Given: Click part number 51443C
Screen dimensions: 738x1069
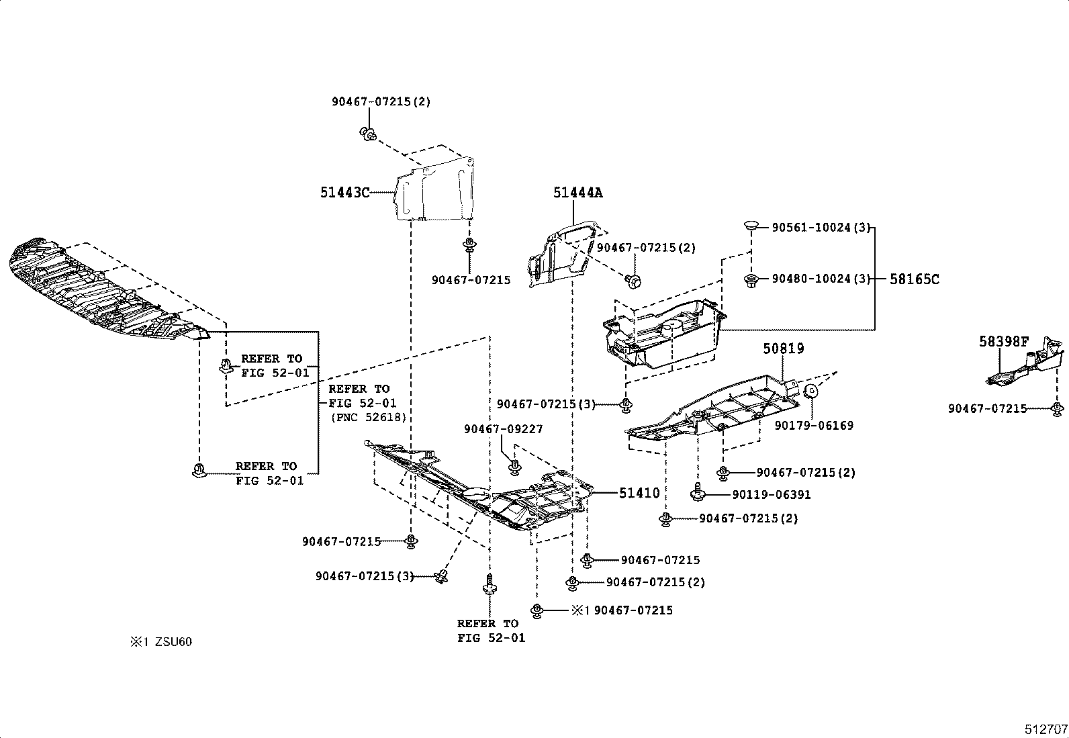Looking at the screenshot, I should (344, 193).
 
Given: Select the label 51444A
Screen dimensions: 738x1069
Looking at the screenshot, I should (577, 193).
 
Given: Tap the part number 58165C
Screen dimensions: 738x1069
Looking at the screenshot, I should (914, 279).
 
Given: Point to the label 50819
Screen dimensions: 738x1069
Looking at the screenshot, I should (783, 349).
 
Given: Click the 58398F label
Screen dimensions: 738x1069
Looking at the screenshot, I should (1003, 342).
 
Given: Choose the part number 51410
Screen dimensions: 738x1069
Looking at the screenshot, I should (639, 493).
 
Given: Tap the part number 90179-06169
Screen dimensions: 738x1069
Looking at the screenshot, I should (813, 425).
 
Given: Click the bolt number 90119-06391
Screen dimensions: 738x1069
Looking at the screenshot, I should (772, 495).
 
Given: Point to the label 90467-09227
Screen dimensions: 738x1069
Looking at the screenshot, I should (502, 429).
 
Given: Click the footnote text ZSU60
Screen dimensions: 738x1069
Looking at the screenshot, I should (173, 641).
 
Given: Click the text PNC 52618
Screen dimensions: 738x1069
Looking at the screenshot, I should (368, 417).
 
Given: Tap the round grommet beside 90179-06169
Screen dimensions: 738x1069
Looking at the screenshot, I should (810, 391).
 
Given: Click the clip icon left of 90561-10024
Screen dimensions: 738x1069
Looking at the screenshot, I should (751, 225).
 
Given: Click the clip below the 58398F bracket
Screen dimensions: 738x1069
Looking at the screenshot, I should (1056, 408).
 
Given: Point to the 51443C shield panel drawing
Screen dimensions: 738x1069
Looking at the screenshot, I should (433, 190).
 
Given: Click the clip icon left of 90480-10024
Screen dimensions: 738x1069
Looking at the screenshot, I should (751, 279).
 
